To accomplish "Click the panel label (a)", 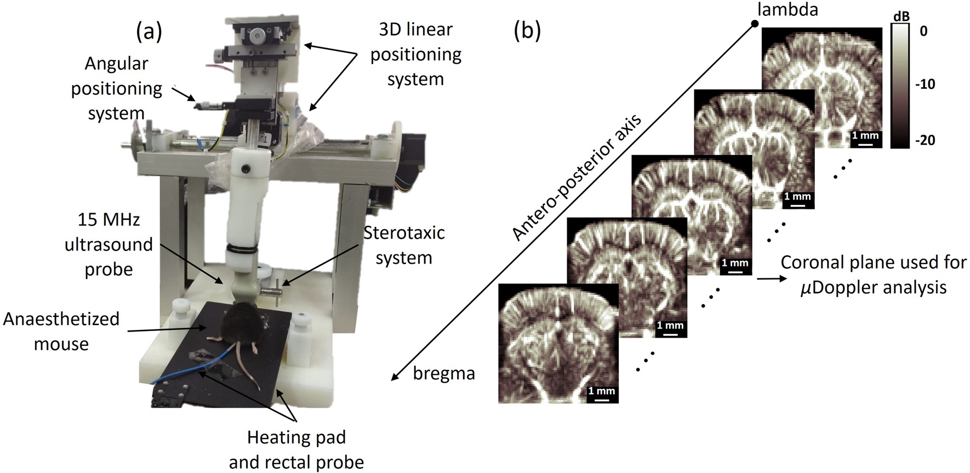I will [149, 32].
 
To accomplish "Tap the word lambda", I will [788, 9].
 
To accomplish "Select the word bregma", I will [444, 374].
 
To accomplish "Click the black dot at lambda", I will [755, 24].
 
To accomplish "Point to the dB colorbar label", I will [901, 17].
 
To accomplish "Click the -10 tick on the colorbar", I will [925, 84].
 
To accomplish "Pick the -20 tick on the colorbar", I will [925, 140].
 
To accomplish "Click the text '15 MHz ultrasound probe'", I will [109, 244].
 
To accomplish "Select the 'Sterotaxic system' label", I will [404, 245].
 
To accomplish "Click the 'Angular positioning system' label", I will [116, 88].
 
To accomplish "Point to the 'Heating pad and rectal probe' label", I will [296, 449].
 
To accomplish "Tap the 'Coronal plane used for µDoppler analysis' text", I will [874, 275].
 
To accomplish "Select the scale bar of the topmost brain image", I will [865, 144].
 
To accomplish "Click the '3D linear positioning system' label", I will [416, 54].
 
